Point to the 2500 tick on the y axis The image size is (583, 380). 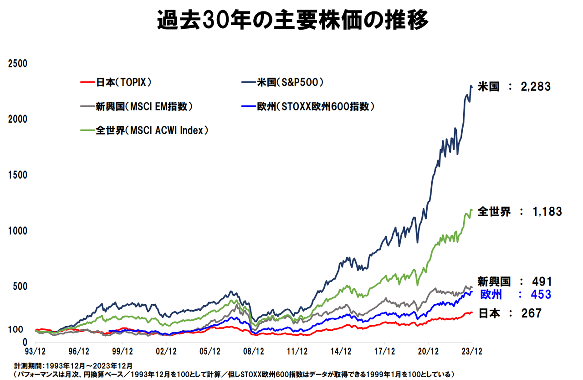[18, 63]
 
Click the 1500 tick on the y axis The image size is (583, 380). [18, 175]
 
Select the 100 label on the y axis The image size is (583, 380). [16, 329]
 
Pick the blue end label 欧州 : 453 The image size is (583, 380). [516, 295]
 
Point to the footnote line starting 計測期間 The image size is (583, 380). [73, 365]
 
